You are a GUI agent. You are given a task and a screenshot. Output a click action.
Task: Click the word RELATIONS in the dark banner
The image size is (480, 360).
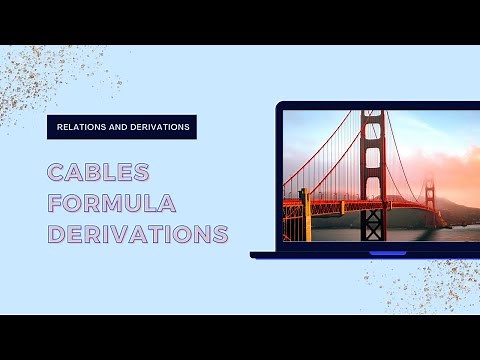81,127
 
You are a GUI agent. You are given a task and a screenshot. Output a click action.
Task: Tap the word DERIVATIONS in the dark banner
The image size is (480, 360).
159,127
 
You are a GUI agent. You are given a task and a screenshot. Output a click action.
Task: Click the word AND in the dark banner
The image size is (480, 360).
118,127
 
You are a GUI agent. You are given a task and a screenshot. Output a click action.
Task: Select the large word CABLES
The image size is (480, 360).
99,172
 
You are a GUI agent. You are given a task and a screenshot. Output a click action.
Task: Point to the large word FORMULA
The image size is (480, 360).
112,204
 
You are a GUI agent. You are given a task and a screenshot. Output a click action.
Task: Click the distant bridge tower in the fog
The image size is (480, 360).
430,200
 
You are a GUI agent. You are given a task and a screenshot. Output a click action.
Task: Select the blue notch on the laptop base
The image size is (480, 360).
388,253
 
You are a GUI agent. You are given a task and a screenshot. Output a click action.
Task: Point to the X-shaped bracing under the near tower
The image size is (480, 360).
372,225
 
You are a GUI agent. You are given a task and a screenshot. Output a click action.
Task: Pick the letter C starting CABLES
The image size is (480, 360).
57,172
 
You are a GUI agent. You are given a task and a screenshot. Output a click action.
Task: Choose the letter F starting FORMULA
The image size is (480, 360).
57,204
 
